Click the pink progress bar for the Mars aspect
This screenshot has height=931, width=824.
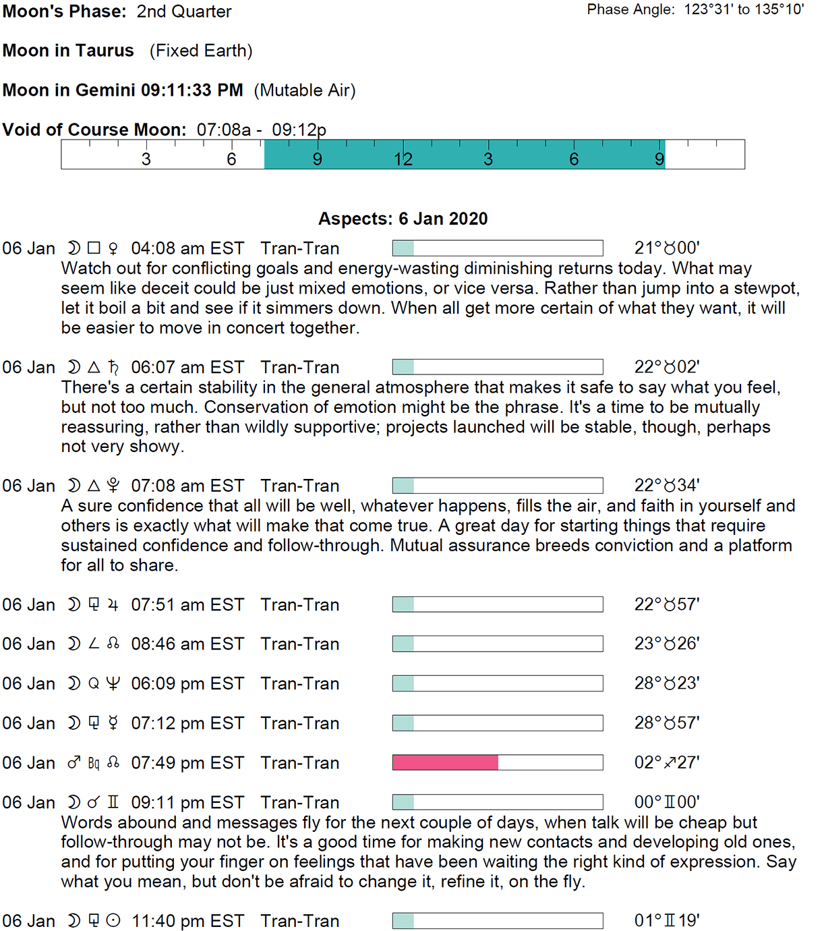(445, 762)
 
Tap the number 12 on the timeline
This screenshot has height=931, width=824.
(403, 159)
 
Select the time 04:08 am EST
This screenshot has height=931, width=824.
(187, 248)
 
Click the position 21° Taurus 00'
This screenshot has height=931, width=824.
(666, 248)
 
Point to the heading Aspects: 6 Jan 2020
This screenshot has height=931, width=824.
(403, 219)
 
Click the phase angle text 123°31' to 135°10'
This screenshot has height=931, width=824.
(744, 9)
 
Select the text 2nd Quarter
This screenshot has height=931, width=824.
(184, 11)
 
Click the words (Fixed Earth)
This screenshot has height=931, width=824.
(201, 51)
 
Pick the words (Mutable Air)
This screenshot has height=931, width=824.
(305, 90)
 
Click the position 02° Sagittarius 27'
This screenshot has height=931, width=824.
(666, 762)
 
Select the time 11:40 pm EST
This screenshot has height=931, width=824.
(187, 921)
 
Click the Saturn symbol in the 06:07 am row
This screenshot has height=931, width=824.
(113, 367)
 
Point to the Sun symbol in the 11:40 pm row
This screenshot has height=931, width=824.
(113, 921)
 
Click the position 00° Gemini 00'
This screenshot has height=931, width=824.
(666, 802)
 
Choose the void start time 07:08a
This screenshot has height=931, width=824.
(224, 130)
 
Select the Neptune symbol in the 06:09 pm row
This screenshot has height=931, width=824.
(113, 683)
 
